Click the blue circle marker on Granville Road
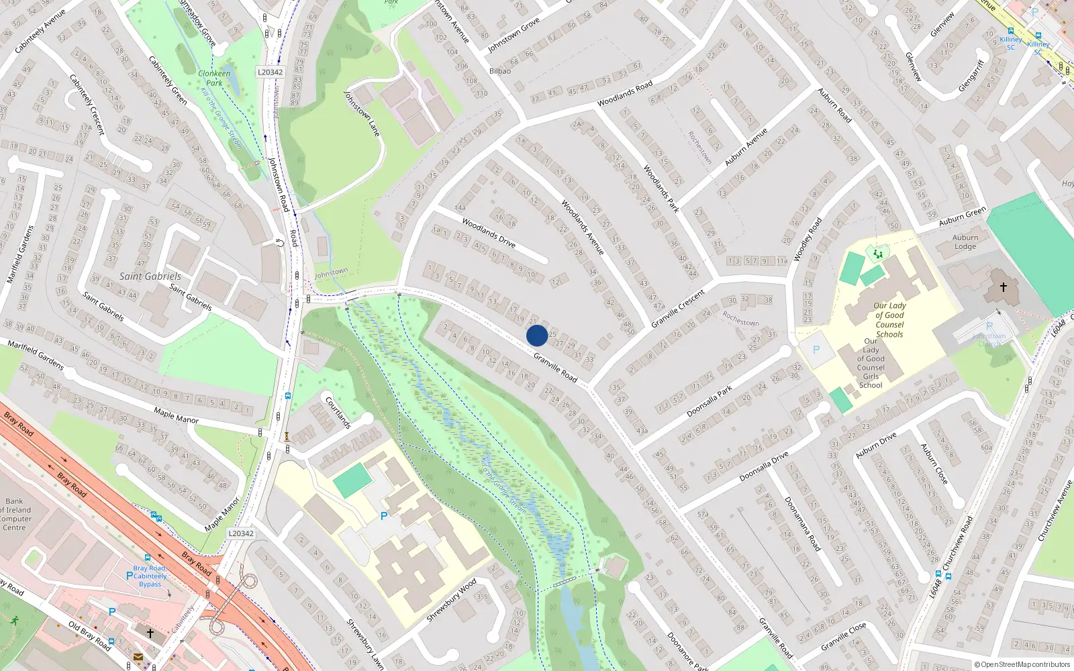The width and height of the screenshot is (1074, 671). (x=537, y=335)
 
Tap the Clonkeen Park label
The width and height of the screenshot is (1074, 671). (x=214, y=78)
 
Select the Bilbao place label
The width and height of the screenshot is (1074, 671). (x=500, y=71)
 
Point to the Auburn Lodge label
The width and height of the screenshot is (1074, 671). (x=965, y=242)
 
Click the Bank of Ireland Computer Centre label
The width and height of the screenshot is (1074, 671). (x=15, y=514)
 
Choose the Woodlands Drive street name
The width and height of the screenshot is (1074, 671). (x=489, y=233)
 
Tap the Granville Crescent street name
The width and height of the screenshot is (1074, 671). (x=678, y=309)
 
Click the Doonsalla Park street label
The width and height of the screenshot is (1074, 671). (x=710, y=402)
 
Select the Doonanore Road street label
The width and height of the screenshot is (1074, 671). (x=802, y=524)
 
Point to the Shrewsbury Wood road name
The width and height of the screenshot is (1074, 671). (x=451, y=599)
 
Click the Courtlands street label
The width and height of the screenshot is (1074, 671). (x=338, y=413)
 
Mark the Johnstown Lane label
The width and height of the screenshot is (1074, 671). (x=362, y=113)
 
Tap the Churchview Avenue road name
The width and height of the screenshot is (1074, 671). (x=1055, y=511)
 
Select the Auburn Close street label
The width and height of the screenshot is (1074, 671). (x=934, y=464)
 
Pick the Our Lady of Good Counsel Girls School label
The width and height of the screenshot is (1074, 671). (x=871, y=363)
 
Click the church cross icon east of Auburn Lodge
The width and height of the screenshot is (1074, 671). (x=1004, y=287)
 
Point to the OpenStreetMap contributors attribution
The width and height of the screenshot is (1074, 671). (x=1022, y=664)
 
